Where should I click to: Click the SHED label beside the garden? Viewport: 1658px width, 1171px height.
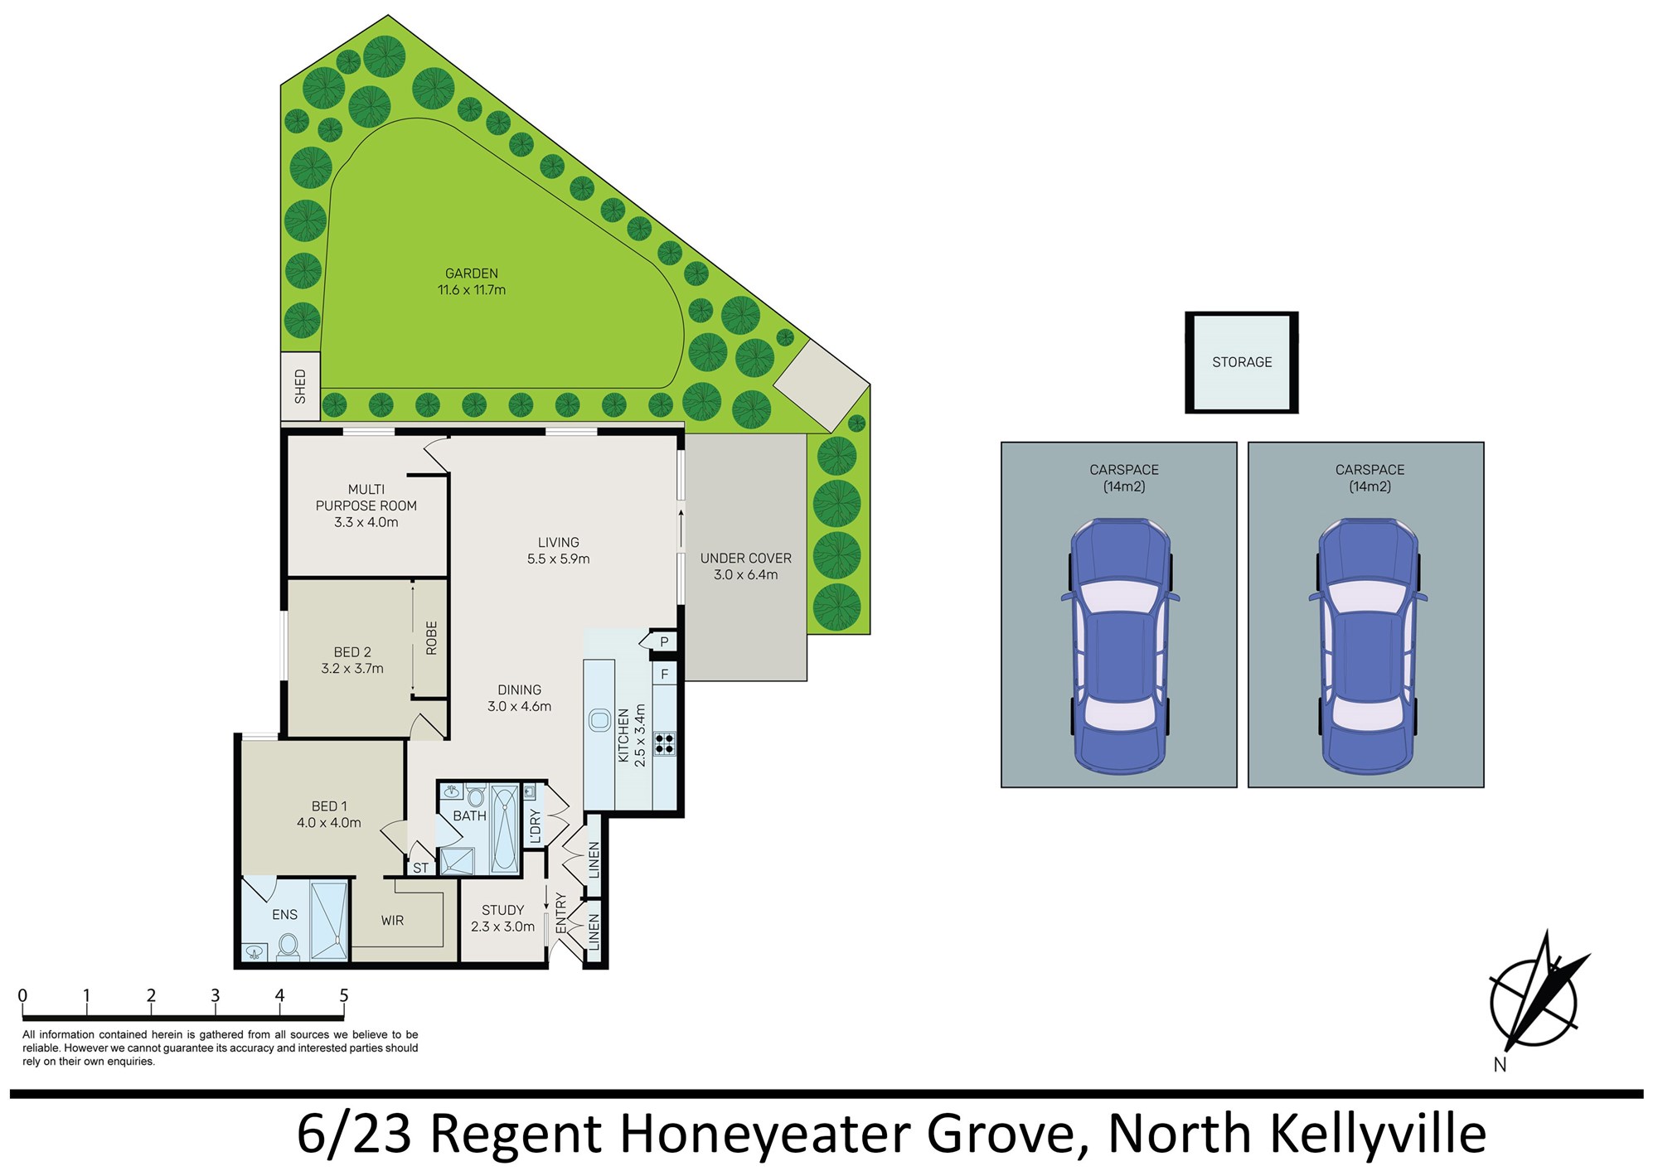[300, 387]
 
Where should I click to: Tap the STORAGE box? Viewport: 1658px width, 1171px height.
[1242, 362]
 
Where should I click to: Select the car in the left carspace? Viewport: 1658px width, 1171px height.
[1120, 646]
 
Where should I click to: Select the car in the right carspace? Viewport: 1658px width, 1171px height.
[1368, 646]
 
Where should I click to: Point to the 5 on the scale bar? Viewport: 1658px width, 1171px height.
[344, 995]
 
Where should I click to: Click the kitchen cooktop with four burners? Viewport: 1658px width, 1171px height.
[664, 743]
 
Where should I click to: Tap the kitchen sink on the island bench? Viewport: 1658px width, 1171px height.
[599, 719]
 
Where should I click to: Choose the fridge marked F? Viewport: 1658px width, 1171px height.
[664, 675]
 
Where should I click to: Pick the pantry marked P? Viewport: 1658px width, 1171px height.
[664, 641]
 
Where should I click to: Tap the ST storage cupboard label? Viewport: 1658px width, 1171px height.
[421, 868]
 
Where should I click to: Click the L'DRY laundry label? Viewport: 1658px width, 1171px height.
[535, 827]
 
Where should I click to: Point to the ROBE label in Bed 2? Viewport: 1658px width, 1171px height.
[431, 638]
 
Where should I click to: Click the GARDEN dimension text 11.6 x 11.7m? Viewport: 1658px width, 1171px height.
[472, 290]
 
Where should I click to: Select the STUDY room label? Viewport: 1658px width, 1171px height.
[503, 910]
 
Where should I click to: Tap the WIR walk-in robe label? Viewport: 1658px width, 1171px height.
[392, 921]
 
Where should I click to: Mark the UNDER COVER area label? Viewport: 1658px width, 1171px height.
[746, 559]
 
